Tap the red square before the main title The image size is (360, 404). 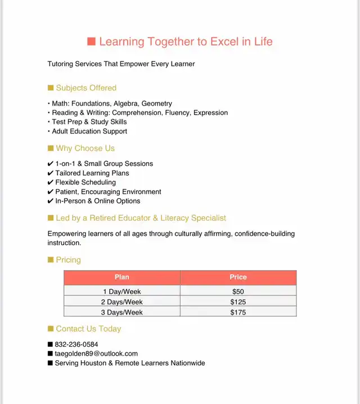(92, 42)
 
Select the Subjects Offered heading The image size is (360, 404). (86, 88)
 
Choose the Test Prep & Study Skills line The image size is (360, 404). (89, 122)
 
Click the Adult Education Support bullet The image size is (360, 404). (89, 131)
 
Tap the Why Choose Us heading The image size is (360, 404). (85, 149)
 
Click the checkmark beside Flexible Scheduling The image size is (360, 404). (51, 182)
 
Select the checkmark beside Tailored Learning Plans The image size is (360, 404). (51, 173)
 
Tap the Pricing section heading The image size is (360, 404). (68, 260)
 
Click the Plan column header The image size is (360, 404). (121, 277)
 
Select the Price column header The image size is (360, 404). (238, 277)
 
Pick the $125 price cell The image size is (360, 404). (238, 302)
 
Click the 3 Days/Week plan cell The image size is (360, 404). (121, 312)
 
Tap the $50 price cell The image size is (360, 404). (238, 291)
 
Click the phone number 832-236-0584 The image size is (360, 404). (76, 344)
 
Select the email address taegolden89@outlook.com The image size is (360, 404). (96, 354)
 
